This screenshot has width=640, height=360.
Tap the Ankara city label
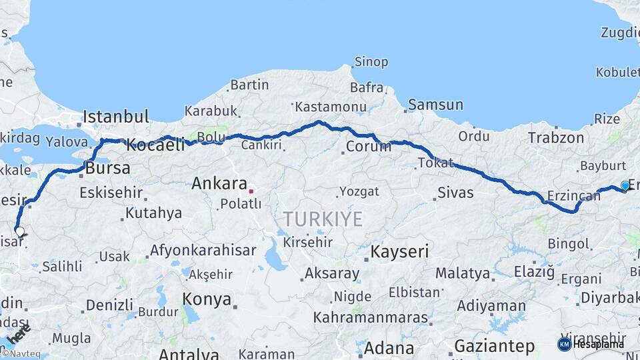coord(219,183)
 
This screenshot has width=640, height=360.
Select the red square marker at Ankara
coord(251,191)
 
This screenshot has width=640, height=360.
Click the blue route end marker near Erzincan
coord(625,185)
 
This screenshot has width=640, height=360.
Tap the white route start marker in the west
coord(20,232)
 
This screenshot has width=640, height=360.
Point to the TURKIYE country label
coord(323,219)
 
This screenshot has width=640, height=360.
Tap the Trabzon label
coord(555,138)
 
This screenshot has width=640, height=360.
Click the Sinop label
coord(371,62)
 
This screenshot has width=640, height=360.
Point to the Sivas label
coord(455,193)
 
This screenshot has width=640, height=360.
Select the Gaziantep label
coord(494,346)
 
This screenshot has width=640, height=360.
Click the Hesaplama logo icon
coord(564,344)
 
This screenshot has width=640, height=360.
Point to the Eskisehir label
coord(111,193)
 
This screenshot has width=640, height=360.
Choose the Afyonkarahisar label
coord(203,251)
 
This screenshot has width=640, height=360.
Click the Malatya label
coord(463,273)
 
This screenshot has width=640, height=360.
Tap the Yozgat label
coord(359,191)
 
